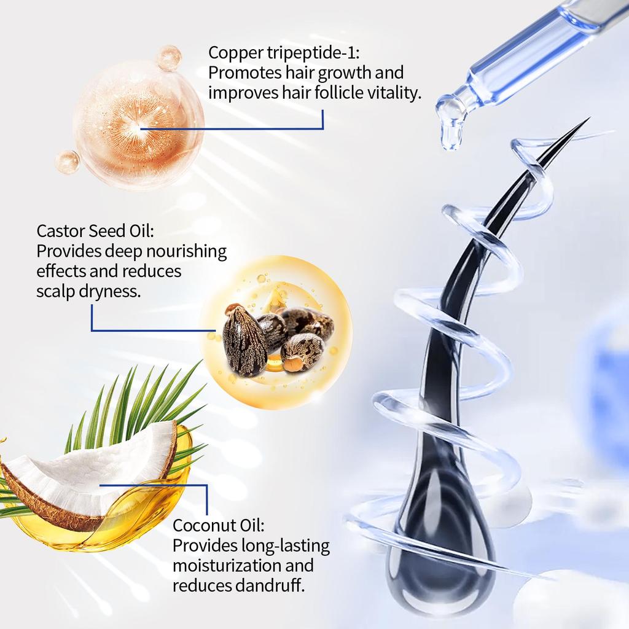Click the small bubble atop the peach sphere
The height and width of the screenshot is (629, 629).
[168, 58]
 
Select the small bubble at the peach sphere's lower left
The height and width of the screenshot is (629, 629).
[67, 162]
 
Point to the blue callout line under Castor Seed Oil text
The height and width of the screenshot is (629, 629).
[147, 331]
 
